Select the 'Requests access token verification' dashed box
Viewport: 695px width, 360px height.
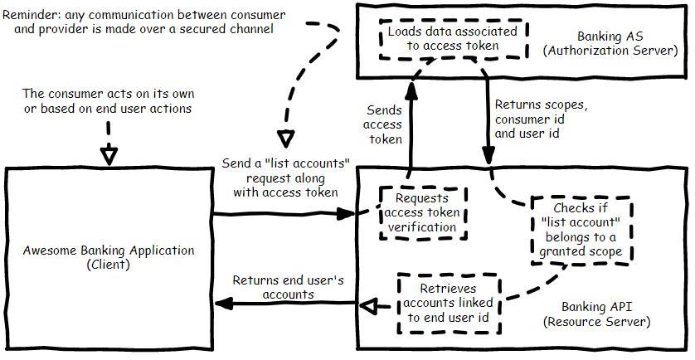click(422, 212)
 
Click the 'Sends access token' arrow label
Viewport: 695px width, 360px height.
click(384, 124)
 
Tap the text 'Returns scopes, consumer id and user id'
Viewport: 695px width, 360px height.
click(541, 119)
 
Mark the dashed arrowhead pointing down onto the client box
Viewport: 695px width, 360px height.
click(109, 155)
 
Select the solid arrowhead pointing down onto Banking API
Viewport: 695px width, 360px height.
click(489, 153)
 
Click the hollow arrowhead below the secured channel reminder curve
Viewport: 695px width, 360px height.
click(284, 139)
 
